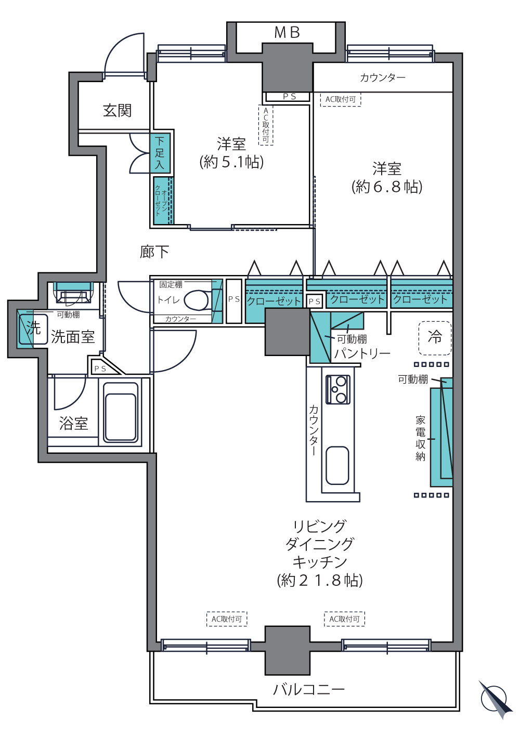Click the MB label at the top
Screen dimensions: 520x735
(287, 32)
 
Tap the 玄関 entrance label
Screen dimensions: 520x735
(117, 111)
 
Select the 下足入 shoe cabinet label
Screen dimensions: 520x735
(160, 153)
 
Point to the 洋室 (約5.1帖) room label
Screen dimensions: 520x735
(231, 153)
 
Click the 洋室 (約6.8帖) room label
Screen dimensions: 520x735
(387, 178)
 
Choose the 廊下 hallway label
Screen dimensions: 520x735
(154, 252)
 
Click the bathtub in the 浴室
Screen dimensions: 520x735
(120, 412)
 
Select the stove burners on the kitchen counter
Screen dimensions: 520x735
(338, 389)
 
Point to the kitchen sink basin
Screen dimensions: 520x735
(337, 466)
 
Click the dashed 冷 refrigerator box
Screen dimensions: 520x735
(435, 338)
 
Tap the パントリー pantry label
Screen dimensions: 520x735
(362, 353)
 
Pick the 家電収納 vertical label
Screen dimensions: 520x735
(420, 438)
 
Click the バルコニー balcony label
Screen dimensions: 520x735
(309, 690)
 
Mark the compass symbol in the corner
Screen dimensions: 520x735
(495, 699)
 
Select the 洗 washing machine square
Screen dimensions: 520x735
(33, 327)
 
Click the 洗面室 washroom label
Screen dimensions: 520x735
(73, 337)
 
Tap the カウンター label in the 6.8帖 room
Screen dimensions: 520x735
(382, 78)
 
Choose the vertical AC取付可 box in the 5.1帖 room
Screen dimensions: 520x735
(266, 125)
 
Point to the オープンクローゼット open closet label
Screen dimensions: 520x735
(161, 201)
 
